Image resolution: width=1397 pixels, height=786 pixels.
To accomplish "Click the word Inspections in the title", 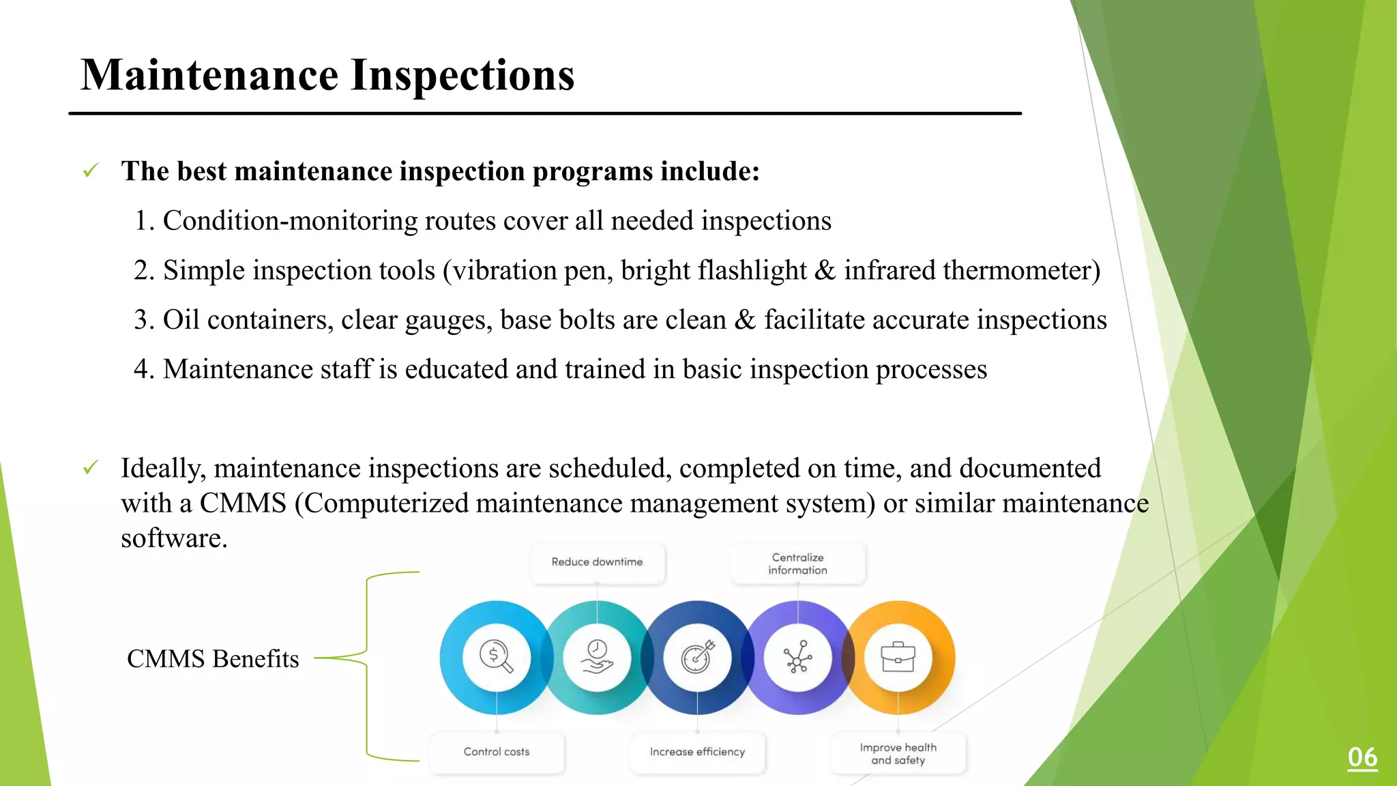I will point(462,75).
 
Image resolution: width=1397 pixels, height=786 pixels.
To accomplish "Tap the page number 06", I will point(1362,757).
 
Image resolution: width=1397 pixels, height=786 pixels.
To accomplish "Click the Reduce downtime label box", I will point(597,562).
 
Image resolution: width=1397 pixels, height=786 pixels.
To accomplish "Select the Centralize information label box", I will point(797,564).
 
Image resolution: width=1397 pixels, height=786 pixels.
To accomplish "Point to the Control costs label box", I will point(497,752).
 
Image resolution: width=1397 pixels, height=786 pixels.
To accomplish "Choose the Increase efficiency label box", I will point(697,752).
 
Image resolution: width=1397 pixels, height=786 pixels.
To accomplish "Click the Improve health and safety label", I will point(898,754).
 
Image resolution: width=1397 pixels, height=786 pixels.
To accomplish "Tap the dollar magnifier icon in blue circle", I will point(496,657).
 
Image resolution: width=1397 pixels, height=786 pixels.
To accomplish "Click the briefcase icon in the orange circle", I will point(898,657).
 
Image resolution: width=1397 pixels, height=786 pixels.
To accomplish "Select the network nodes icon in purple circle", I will point(797,657).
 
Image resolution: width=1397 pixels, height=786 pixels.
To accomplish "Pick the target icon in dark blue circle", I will point(697,657).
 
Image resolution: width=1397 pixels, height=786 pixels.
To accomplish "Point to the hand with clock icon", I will point(597,657).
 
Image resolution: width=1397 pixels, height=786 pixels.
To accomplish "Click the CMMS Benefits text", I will point(213,659).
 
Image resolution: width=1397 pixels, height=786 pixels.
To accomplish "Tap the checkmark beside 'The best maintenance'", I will point(91,171).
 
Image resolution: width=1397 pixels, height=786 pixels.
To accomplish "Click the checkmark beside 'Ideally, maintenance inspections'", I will point(91,468).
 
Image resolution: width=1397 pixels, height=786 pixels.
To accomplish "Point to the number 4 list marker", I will point(142,370).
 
